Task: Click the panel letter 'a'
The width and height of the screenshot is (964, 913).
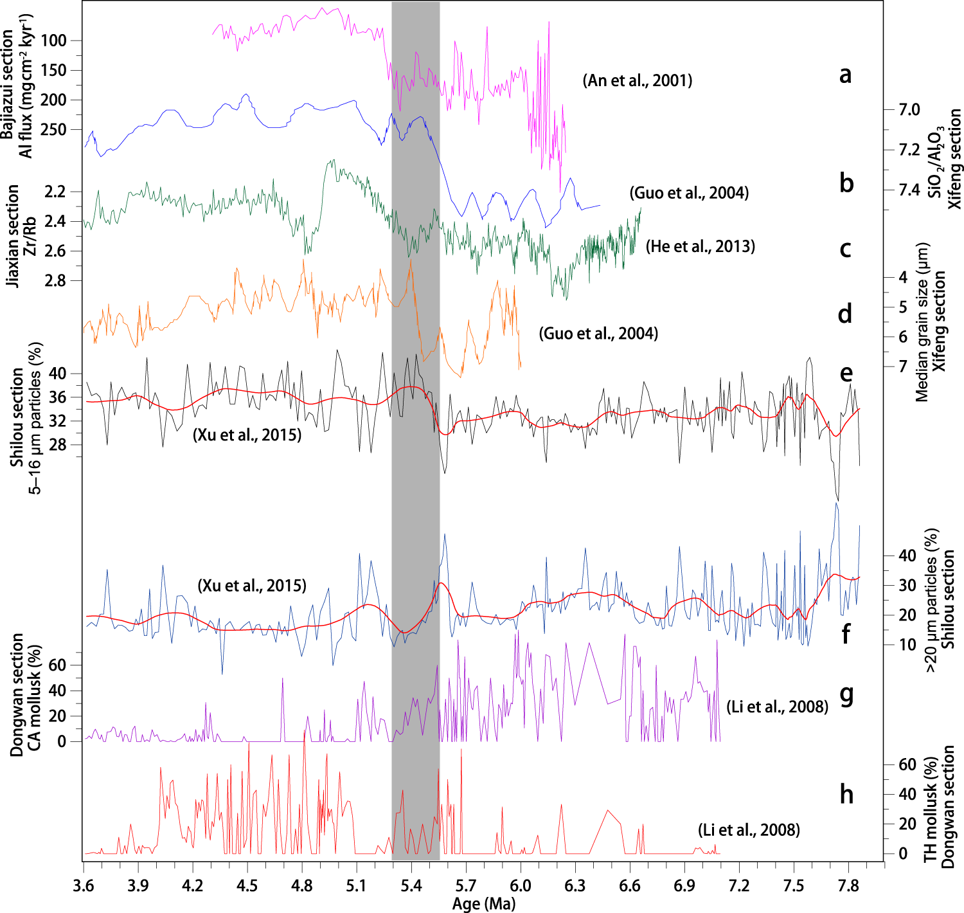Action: point(846,75)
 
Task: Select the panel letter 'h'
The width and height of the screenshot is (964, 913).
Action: point(846,794)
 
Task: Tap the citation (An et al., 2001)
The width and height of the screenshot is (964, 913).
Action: point(638,80)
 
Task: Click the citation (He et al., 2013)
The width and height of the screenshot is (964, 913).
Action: point(701,246)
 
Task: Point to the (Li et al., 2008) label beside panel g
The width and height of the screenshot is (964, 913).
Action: point(777,707)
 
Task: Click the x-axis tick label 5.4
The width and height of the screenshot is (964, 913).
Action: point(411,886)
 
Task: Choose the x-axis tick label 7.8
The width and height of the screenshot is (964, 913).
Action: point(848,886)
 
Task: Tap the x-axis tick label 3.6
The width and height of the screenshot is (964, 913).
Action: point(84,886)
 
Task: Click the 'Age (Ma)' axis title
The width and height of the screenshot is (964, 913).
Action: point(483,903)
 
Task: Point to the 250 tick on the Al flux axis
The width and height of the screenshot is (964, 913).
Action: point(53,129)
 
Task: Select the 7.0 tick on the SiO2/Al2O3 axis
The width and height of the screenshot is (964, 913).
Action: point(909,110)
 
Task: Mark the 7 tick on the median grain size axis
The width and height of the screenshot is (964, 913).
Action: point(903,366)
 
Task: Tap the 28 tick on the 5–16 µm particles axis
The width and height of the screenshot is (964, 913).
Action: point(57,445)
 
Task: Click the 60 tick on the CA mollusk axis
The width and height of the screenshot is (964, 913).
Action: point(57,665)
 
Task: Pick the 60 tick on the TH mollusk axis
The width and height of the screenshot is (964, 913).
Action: point(907,764)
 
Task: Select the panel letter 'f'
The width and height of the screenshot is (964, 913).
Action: point(846,634)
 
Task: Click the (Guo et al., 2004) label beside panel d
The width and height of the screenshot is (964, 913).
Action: point(598,334)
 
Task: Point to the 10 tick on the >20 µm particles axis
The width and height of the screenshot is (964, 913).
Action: point(907,645)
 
